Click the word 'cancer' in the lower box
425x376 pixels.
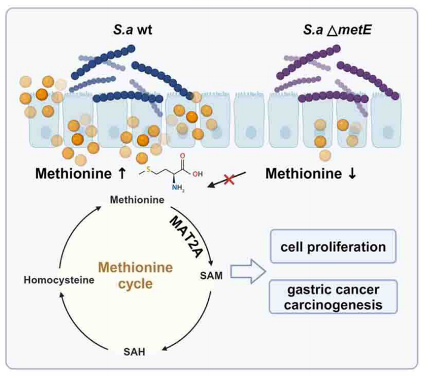click(362, 290)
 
